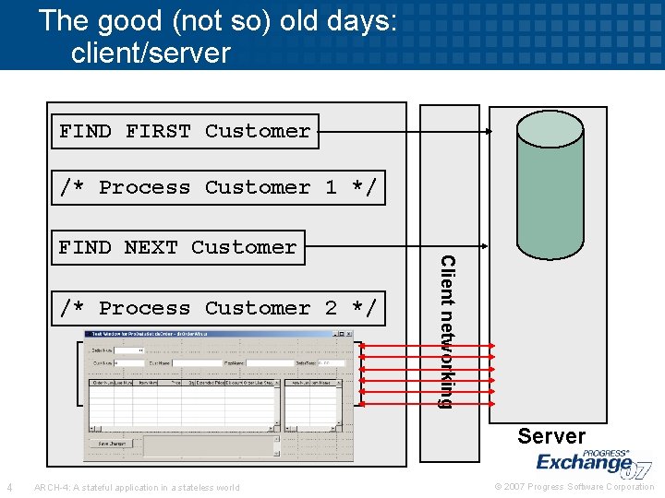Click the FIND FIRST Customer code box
tap(185, 131)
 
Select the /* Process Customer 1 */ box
tap(217, 187)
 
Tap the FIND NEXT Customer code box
tap(177, 247)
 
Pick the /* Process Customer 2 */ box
tap(217, 308)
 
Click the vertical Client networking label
tap(446, 332)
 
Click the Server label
tap(551, 436)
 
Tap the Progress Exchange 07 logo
tap(591, 460)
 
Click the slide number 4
tap(9, 487)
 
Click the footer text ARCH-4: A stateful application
tap(136, 487)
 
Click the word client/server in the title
tap(151, 53)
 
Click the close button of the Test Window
tap(349, 334)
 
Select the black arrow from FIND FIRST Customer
tap(406, 131)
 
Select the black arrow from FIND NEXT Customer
tap(397, 247)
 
